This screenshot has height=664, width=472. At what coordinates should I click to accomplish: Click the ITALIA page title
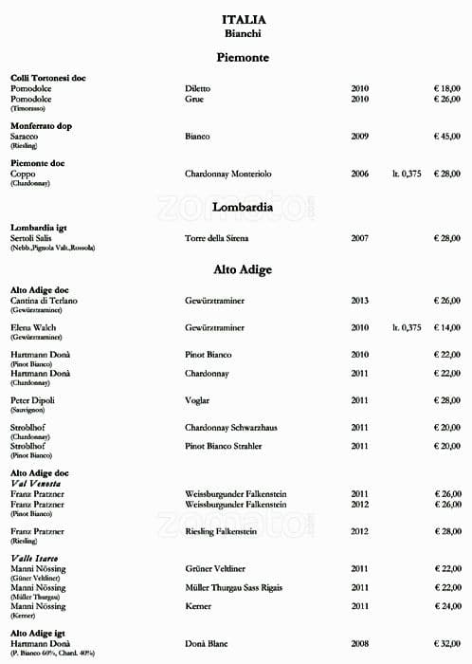[244, 19]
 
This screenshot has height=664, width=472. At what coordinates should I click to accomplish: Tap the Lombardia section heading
[243, 206]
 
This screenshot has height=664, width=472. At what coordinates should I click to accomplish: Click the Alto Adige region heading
[244, 269]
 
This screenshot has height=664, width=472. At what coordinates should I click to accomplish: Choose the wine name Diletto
[198, 88]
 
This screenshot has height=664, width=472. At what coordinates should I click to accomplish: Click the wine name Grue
[193, 99]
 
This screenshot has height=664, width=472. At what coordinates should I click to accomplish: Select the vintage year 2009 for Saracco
[360, 137]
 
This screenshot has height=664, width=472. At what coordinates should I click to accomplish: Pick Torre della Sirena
[222, 238]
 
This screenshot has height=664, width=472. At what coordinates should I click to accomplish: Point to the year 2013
[360, 301]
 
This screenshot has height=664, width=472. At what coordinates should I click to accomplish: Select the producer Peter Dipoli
[34, 401]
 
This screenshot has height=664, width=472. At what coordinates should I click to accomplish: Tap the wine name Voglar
[197, 401]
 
